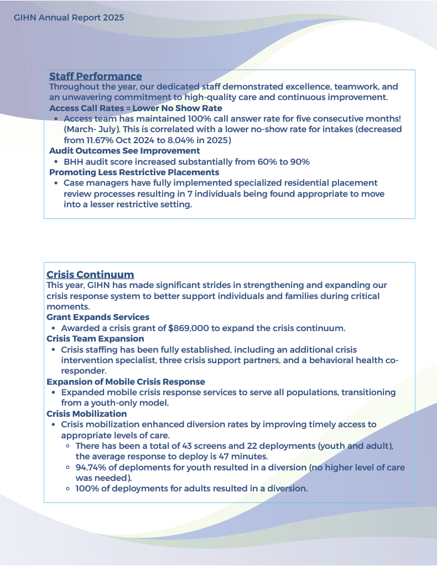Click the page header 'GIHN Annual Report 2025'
click(x=69, y=18)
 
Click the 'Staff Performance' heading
click(x=95, y=76)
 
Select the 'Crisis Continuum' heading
click(x=90, y=275)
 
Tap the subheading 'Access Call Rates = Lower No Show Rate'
click(x=136, y=108)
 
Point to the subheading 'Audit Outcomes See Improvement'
click(x=124, y=151)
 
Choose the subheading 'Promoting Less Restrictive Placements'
click(x=134, y=172)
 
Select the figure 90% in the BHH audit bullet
click(x=300, y=162)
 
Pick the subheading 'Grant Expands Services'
click(x=98, y=317)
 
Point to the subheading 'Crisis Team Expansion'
click(x=95, y=339)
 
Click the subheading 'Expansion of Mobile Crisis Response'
click(x=126, y=382)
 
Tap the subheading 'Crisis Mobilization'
click(x=86, y=414)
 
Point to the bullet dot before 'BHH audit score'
click(x=57, y=162)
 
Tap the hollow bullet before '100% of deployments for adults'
click(x=67, y=489)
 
